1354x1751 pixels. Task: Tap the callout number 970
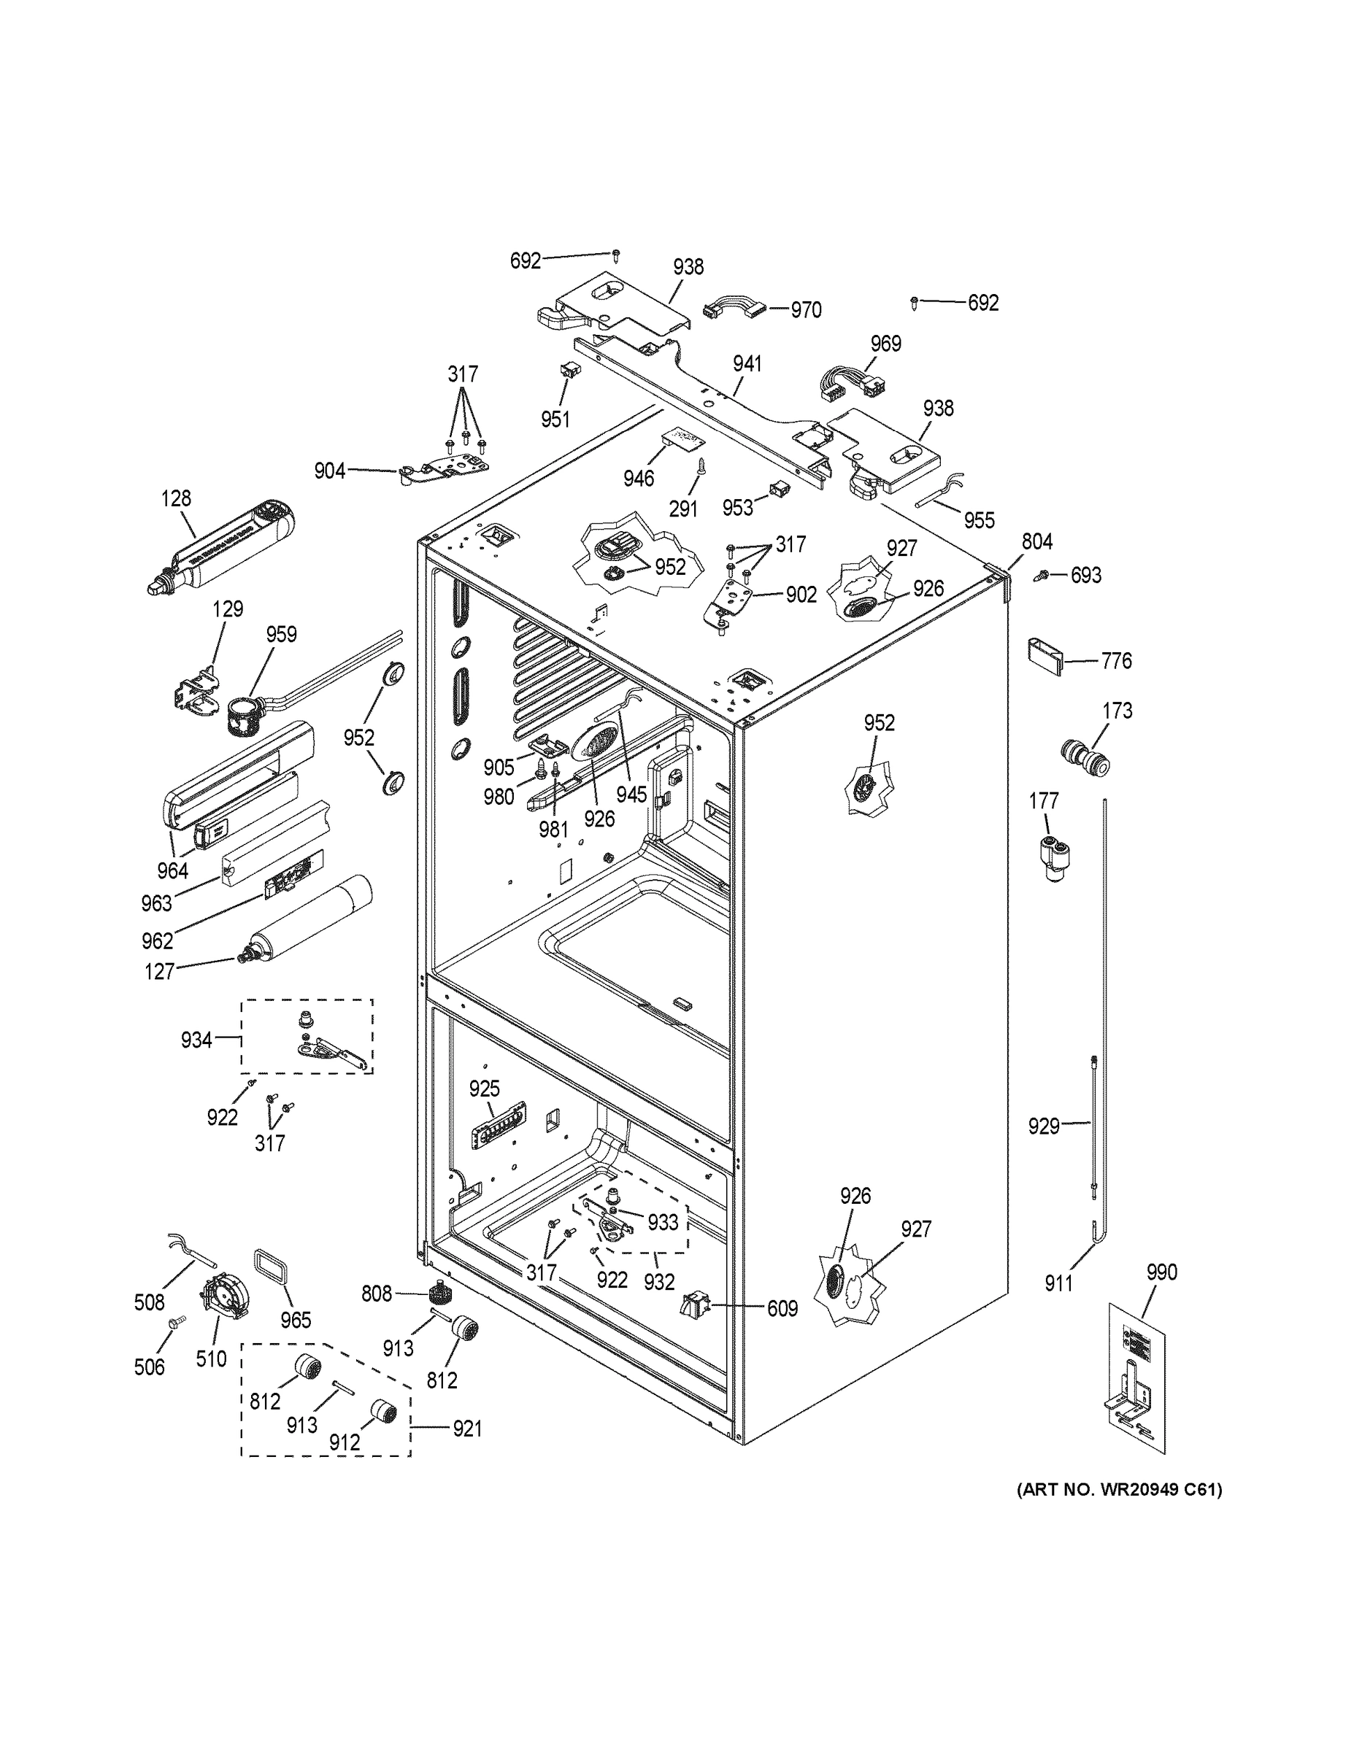pyautogui.click(x=805, y=310)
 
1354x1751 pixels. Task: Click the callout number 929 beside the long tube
pyautogui.click(x=1044, y=1126)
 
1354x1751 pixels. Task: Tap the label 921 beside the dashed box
pyautogui.click(x=467, y=1429)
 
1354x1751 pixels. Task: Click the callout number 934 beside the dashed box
pyautogui.click(x=196, y=1040)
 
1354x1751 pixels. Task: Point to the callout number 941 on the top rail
pyautogui.click(x=746, y=364)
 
